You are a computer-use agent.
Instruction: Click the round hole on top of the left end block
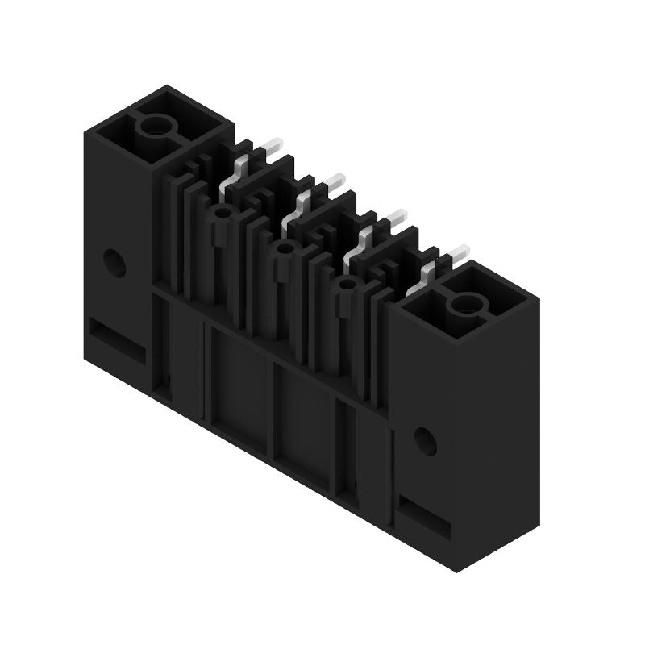pyautogui.click(x=152, y=125)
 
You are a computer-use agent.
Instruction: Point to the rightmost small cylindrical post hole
pyautogui.click(x=347, y=285)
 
